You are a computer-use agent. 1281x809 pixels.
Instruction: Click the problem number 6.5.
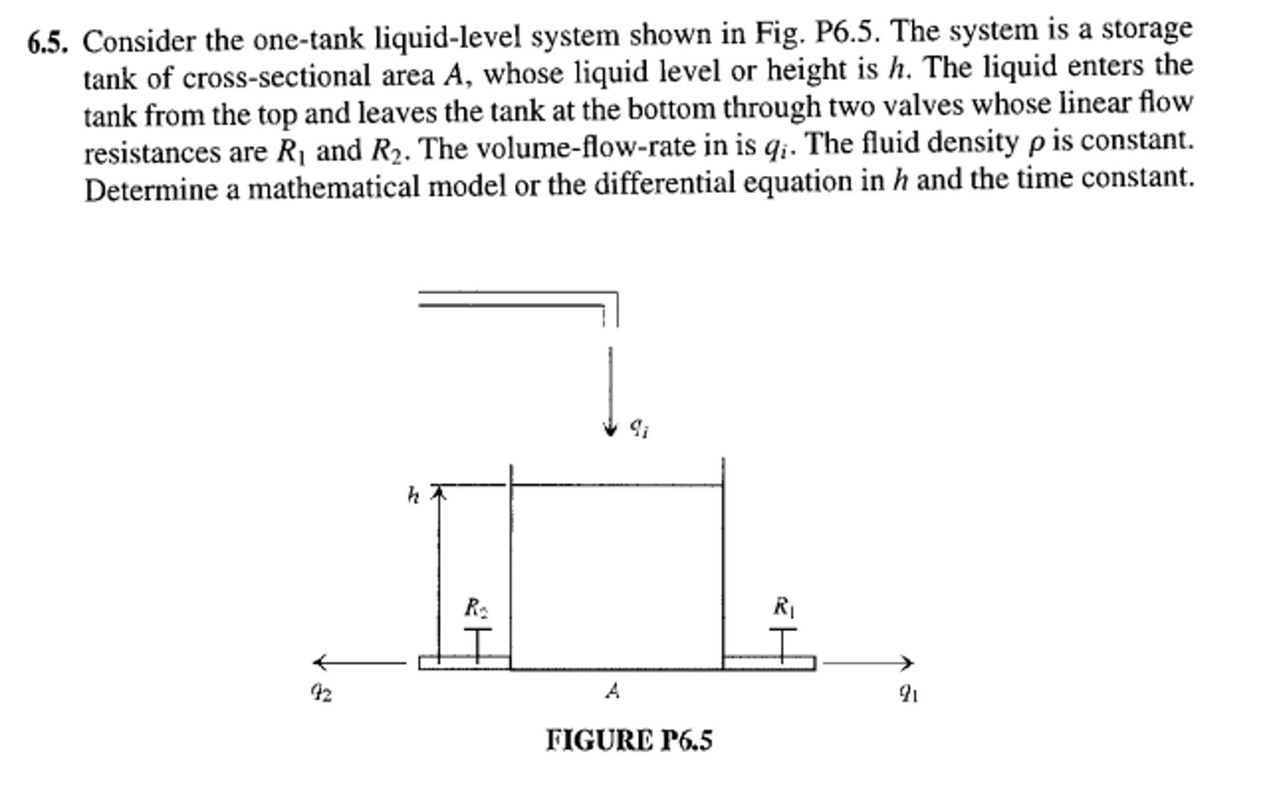tap(48, 43)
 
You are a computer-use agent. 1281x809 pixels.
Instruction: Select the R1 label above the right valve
tap(783, 607)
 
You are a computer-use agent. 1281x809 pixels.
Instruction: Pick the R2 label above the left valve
tap(476, 607)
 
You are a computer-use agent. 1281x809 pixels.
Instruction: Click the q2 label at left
tap(321, 692)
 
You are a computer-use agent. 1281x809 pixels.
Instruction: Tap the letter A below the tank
tap(614, 691)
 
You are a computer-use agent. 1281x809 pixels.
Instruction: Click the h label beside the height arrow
tap(413, 496)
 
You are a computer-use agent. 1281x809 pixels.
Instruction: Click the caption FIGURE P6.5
tap(629, 740)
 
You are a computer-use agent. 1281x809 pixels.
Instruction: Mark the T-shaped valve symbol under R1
tap(783, 644)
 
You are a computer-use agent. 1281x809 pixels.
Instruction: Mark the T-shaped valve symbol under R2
tap(478, 644)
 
